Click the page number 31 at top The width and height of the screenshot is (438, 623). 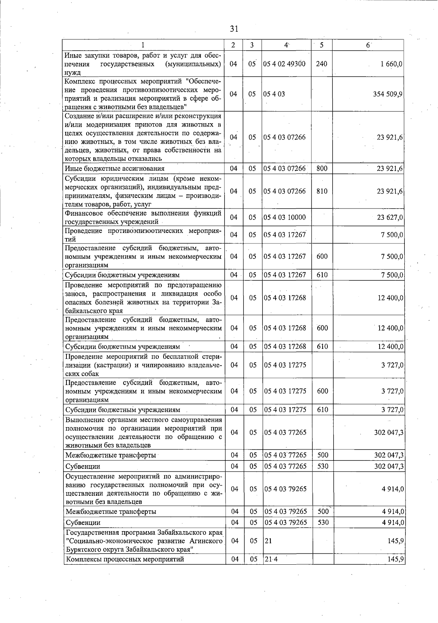click(234, 28)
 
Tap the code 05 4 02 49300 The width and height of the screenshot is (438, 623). click(284, 64)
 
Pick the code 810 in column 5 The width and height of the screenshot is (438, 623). click(322, 191)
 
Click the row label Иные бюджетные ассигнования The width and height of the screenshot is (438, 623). click(115, 168)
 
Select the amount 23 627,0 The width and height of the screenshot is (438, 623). click(390, 217)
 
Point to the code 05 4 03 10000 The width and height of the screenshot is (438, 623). click(285, 217)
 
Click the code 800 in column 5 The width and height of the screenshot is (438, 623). click(322, 168)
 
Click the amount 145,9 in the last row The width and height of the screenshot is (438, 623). click(396, 559)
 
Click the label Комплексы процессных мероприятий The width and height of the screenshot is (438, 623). click(125, 559)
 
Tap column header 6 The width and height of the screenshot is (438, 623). click(368, 45)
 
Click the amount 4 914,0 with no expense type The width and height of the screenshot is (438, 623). click(393, 489)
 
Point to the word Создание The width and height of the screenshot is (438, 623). click(79, 116)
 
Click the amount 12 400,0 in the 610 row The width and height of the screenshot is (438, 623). click(391, 346)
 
